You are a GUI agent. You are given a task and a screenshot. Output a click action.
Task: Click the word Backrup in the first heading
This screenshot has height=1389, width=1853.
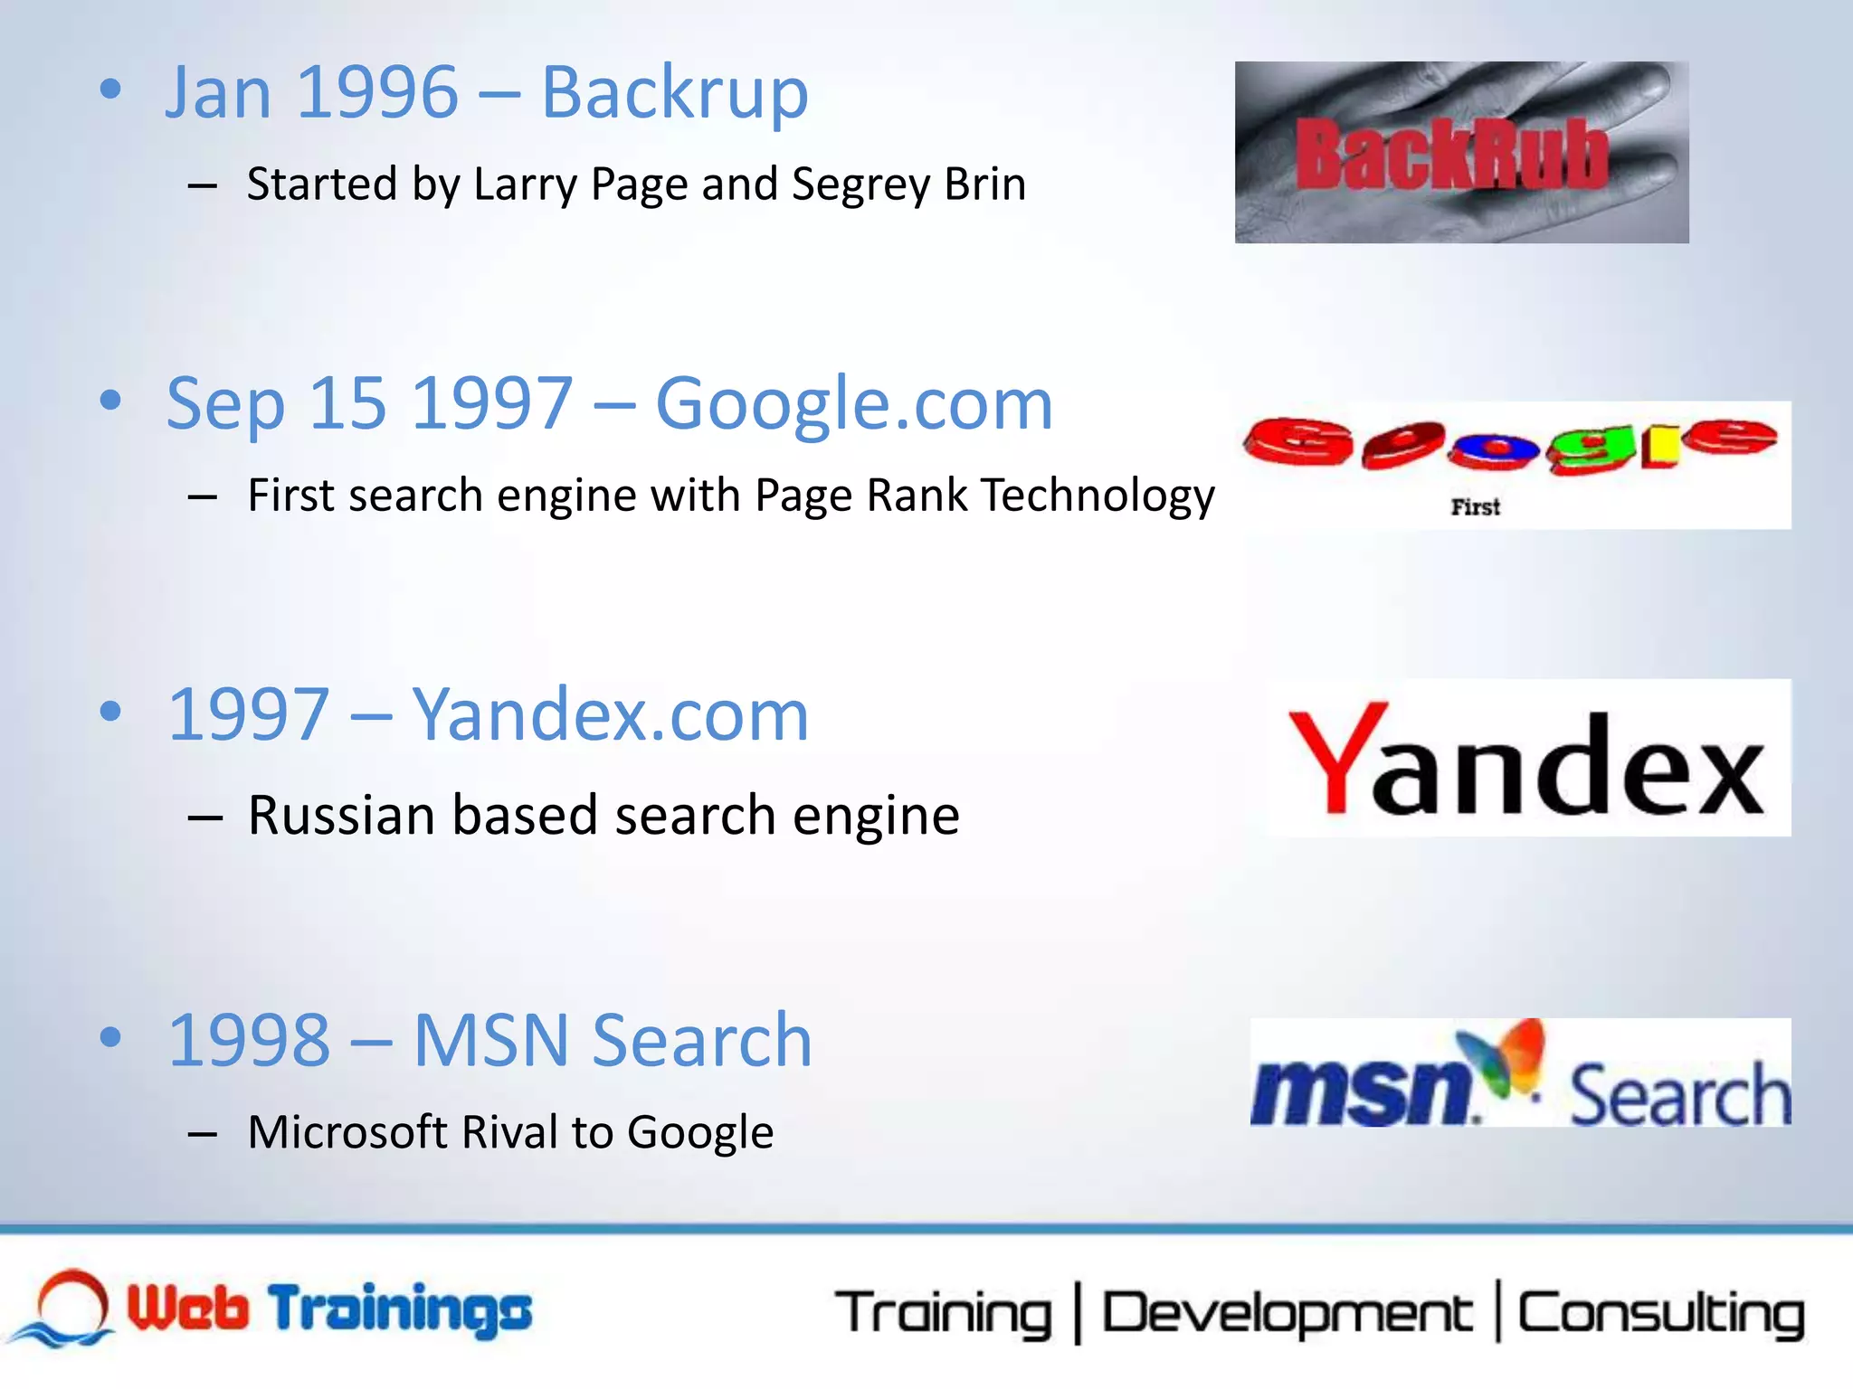[x=674, y=93]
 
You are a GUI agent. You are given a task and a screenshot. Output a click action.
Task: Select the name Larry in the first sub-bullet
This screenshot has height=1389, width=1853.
[x=525, y=185]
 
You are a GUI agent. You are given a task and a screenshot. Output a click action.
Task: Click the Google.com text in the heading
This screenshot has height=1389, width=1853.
[x=853, y=404]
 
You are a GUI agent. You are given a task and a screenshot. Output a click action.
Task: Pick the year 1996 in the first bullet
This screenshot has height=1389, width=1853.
[x=377, y=93]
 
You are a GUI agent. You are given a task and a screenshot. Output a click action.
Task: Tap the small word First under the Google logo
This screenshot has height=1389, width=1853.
[x=1475, y=507]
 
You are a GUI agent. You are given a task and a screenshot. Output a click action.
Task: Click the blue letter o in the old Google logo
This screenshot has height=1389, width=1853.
[x=1494, y=449]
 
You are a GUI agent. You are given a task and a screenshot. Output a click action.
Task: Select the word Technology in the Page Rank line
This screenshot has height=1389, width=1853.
[x=1098, y=496]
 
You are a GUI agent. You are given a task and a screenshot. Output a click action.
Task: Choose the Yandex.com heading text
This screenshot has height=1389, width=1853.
[x=610, y=715]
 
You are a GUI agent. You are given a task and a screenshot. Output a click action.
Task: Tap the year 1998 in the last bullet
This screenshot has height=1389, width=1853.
[x=250, y=1041]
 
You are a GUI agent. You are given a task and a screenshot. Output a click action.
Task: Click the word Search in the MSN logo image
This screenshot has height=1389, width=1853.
[x=1679, y=1096]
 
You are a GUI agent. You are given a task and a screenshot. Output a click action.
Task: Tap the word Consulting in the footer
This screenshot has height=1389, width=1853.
[x=1660, y=1314]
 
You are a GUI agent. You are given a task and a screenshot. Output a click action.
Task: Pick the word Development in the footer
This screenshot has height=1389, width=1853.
[x=1286, y=1314]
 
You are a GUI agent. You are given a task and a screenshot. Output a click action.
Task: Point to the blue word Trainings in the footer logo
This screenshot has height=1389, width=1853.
[x=401, y=1310]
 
